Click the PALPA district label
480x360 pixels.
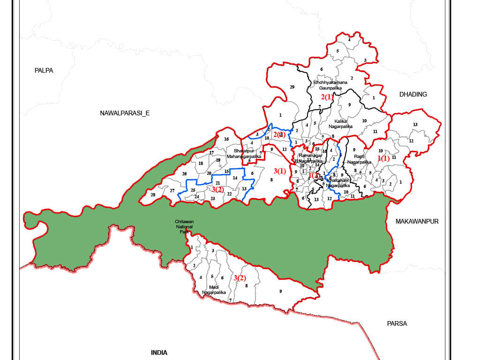pyautogui.click(x=44, y=70)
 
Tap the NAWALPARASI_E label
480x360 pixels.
pyautogui.click(x=124, y=113)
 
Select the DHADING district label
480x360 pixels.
pyautogui.click(x=413, y=94)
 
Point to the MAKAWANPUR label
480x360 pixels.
pyautogui.click(x=417, y=221)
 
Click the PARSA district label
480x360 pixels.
pyautogui.click(x=397, y=323)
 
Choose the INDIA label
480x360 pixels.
pyautogui.click(x=159, y=352)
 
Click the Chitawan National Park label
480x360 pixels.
pyautogui.click(x=184, y=226)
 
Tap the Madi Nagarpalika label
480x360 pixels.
pyautogui.click(x=214, y=290)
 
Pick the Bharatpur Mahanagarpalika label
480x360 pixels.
pyautogui.click(x=244, y=154)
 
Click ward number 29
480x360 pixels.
pyautogui.click(x=292, y=88)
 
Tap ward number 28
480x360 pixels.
pyautogui.click(x=153, y=195)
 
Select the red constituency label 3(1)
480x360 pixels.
pyautogui.click(x=279, y=171)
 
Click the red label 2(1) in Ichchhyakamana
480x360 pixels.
pyautogui.click(x=327, y=97)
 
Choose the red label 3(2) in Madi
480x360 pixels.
pyautogui.click(x=240, y=278)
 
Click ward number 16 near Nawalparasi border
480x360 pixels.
pyautogui.click(x=226, y=139)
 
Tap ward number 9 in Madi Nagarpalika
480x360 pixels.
pyautogui.click(x=280, y=292)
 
